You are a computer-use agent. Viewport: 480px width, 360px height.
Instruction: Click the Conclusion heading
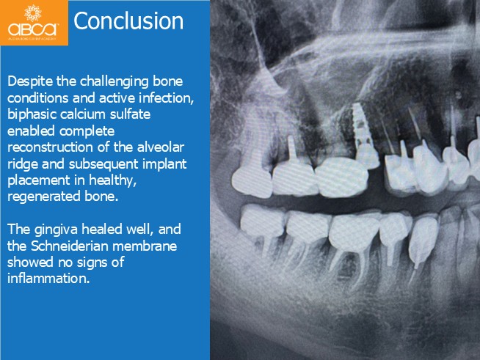(x=128, y=21)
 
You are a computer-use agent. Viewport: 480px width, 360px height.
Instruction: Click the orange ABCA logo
(x=34, y=23)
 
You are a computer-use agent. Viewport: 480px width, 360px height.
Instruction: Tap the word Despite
(x=30, y=82)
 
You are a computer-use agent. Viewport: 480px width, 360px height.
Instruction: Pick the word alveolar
(x=161, y=147)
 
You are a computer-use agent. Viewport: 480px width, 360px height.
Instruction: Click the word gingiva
(x=56, y=229)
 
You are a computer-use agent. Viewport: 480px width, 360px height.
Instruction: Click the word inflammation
(x=48, y=279)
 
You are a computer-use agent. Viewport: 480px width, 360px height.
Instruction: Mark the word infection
(x=166, y=98)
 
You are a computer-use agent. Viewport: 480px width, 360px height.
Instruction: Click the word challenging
(x=114, y=82)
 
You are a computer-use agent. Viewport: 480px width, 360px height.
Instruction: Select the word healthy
(x=112, y=180)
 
